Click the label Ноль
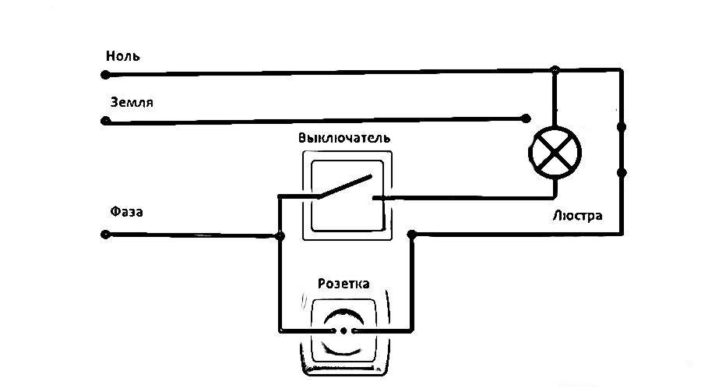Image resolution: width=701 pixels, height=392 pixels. coord(124,57)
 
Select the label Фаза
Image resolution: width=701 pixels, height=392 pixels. coord(127,211)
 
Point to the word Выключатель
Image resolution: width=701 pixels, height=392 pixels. coord(343,138)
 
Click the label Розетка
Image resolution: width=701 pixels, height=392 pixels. coord(343,283)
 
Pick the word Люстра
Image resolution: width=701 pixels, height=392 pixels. coord(577,216)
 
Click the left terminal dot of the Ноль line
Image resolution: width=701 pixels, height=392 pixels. coord(105,75)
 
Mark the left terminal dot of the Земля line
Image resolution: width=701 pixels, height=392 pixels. coord(105,122)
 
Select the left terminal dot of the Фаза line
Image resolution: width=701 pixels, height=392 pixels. coord(105,234)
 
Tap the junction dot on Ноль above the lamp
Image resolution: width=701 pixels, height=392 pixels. coord(555,71)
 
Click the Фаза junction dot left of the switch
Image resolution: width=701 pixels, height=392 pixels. coord(280,235)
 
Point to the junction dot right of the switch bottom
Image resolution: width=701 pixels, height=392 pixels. coord(412,234)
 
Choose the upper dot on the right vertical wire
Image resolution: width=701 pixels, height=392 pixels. coord(622,125)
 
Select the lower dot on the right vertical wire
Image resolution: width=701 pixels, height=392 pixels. coord(622,171)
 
